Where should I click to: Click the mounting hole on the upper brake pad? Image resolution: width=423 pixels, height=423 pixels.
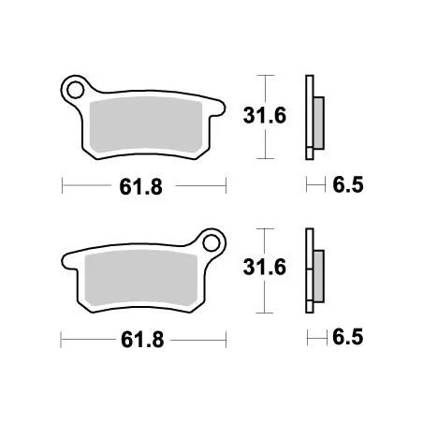coord(73,90)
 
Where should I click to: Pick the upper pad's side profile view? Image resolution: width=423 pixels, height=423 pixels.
coord(313,117)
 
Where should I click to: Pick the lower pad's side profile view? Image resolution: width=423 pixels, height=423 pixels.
coord(313,271)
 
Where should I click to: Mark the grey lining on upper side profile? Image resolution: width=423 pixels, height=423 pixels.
coord(319,120)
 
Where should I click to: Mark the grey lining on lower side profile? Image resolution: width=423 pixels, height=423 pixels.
coord(319,274)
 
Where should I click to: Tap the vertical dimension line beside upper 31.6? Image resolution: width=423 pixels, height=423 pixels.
coord(268,115)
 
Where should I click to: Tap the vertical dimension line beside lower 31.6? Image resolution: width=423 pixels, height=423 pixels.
coord(268,270)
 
